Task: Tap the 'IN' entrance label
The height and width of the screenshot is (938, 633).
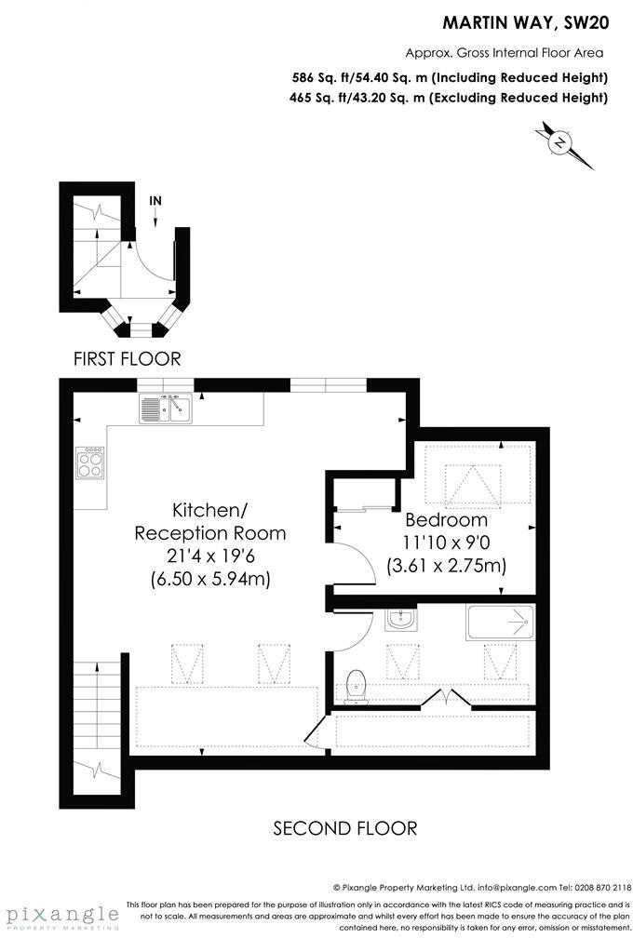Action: [155, 200]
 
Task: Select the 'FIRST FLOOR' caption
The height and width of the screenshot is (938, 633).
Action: [127, 358]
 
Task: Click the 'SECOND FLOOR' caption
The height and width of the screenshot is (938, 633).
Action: [344, 827]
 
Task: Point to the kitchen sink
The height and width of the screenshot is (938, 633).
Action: [165, 408]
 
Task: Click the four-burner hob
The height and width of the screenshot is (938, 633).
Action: [90, 462]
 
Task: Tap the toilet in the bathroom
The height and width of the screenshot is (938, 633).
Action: [355, 686]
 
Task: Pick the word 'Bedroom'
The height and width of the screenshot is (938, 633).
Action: [446, 520]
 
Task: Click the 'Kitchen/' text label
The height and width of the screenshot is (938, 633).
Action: [209, 510]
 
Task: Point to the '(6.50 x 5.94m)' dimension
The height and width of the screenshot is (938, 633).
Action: [209, 579]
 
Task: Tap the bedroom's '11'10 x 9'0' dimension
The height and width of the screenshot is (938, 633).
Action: [446, 543]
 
